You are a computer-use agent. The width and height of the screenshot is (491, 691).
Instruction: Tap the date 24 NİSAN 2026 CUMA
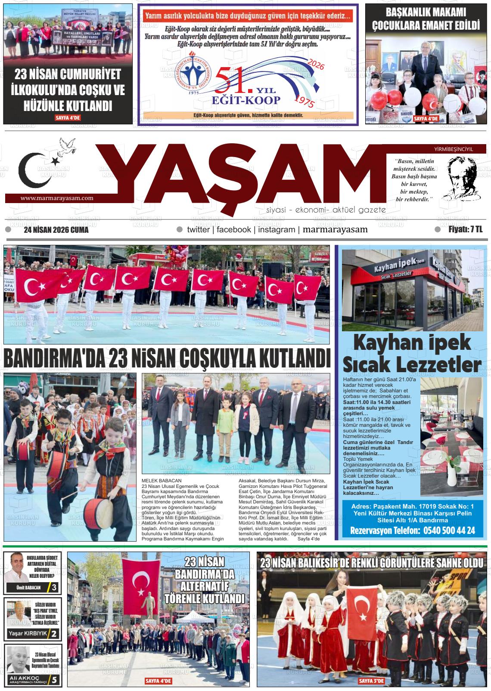pos(56,230)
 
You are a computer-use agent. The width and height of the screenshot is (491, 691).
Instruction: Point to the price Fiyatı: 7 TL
pos(465,230)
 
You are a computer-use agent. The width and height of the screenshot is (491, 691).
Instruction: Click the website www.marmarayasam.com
pos(57,198)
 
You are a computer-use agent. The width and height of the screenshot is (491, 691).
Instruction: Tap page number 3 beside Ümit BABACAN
pos(54,588)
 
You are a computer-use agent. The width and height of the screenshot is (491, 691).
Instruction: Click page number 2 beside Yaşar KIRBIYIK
pos(54,634)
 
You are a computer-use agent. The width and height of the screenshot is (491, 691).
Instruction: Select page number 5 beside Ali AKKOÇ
pos(54,680)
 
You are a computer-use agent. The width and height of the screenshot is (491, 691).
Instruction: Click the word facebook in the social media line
pos(233,230)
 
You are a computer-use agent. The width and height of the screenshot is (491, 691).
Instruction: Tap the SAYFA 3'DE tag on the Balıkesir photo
pos(371,681)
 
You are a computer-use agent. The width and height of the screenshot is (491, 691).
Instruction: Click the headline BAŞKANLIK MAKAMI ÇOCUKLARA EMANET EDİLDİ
pos(426,19)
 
